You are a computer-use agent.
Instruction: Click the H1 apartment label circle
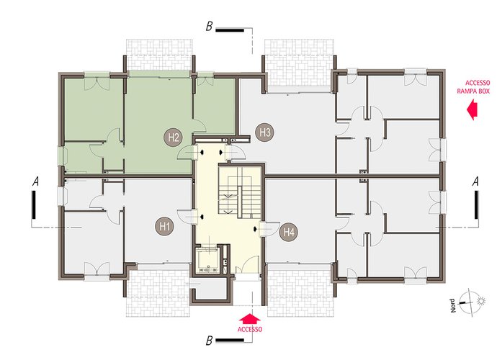tap(164, 227)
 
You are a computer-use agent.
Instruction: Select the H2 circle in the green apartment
tap(174, 138)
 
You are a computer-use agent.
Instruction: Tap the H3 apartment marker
tap(265, 132)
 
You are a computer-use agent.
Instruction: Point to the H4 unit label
tap(289, 233)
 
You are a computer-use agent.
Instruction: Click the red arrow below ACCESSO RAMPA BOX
tap(472, 109)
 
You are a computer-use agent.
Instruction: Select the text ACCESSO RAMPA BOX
tap(473, 87)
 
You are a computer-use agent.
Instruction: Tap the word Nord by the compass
tap(453, 306)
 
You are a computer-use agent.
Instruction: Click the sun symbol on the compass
tap(481, 301)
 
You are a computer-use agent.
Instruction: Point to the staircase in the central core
tap(239, 193)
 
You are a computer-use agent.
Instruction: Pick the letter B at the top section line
tap(209, 27)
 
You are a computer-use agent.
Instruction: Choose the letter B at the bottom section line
tap(209, 341)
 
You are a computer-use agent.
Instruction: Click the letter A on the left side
tap(36, 181)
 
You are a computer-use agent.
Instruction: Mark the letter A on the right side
tap(475, 181)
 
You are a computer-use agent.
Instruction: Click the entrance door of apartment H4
tap(269, 229)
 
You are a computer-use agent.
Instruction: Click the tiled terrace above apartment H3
tap(299, 63)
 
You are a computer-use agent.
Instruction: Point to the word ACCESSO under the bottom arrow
tap(250, 330)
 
